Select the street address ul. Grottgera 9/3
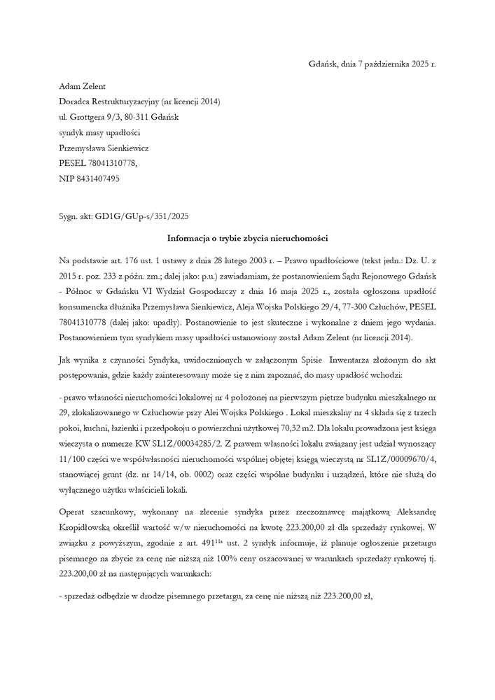[x=92, y=117]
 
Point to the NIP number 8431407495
[x=99, y=178]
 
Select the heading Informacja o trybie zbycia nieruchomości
[x=247, y=239]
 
